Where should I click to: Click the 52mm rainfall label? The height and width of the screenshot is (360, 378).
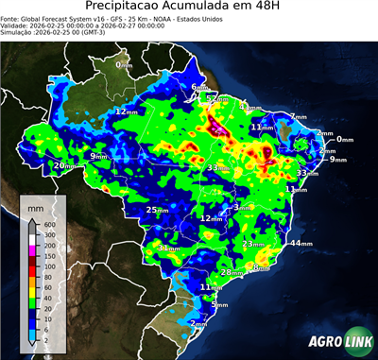(216, 97)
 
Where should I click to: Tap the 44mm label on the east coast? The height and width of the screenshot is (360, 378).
(301, 243)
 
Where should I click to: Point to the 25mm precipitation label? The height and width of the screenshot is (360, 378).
(158, 210)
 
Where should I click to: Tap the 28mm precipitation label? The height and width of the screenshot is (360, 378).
(231, 272)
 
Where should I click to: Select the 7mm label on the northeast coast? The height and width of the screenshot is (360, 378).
(298, 117)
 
